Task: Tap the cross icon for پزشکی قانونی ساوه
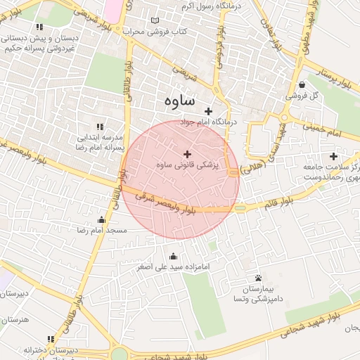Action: pos(187,154)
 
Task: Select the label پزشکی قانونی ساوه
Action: pos(187,166)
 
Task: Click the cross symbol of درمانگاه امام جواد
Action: pos(208,110)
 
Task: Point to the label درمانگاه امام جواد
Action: pos(210,122)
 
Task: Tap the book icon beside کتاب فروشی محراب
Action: pos(155,21)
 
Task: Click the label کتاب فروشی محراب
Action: pos(152,32)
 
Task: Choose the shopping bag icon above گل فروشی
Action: pos(302,84)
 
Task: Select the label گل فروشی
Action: pos(302,95)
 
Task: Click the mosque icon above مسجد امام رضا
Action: pos(102,219)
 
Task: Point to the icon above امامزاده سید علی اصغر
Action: pos(174,256)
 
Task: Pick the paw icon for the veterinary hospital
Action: pos(259,278)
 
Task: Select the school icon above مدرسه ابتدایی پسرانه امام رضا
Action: pos(98,127)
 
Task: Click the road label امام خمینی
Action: pos(323,129)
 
